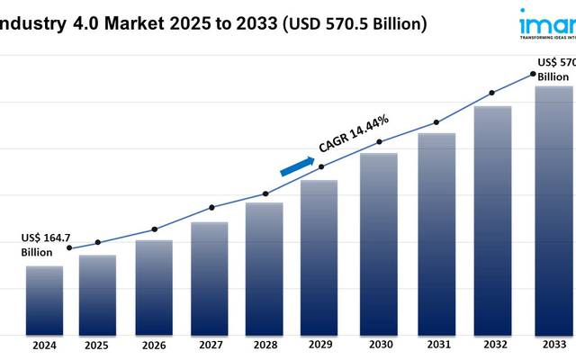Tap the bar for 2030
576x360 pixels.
pyautogui.click(x=379, y=243)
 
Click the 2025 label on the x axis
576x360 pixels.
pyautogui.click(x=97, y=345)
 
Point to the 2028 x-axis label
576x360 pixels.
pyautogui.click(x=265, y=345)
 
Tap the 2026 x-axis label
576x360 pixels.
pyautogui.click(x=154, y=345)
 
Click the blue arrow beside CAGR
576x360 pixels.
pyautogui.click(x=298, y=166)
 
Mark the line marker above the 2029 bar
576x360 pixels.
pyautogui.click(x=321, y=166)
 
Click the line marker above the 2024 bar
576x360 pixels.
pyautogui.click(x=69, y=248)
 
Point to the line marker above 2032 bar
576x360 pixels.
pyautogui.click(x=491, y=93)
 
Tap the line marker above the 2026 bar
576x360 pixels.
pyautogui.click(x=154, y=229)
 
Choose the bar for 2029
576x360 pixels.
pyautogui.click(x=319, y=256)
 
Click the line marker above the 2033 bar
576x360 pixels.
pyautogui.click(x=533, y=75)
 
